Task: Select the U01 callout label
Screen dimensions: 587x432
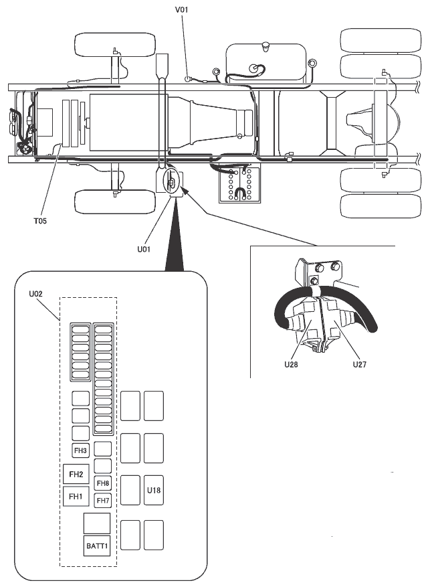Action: point(143,248)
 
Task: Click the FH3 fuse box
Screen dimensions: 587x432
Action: point(81,450)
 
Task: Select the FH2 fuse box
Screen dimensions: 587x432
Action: point(76,475)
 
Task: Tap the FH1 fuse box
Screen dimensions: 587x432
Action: point(76,497)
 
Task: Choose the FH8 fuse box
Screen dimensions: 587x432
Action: point(103,483)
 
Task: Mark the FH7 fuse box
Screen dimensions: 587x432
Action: point(103,500)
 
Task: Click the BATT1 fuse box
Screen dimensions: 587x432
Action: point(96,546)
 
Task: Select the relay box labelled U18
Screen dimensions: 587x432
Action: point(154,491)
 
